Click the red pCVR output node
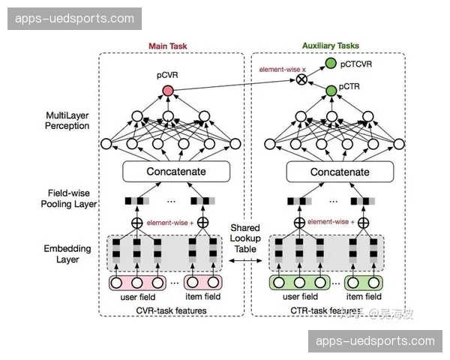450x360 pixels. pos(167,91)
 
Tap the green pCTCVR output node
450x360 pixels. pos(330,65)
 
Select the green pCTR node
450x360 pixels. pos(330,90)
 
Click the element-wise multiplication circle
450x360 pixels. pos(302,79)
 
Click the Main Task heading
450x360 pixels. pos(167,46)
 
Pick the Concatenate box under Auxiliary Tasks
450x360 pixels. pos(330,172)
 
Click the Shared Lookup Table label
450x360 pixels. pos(246,238)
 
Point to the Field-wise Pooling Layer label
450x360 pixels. pos(67,196)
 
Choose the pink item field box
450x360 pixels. pos(203,283)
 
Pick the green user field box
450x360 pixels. pos(298,283)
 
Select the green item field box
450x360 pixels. pos(365,283)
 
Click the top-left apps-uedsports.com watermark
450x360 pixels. pos(75,19)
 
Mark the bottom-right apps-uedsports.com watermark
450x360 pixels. pos(375,341)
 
